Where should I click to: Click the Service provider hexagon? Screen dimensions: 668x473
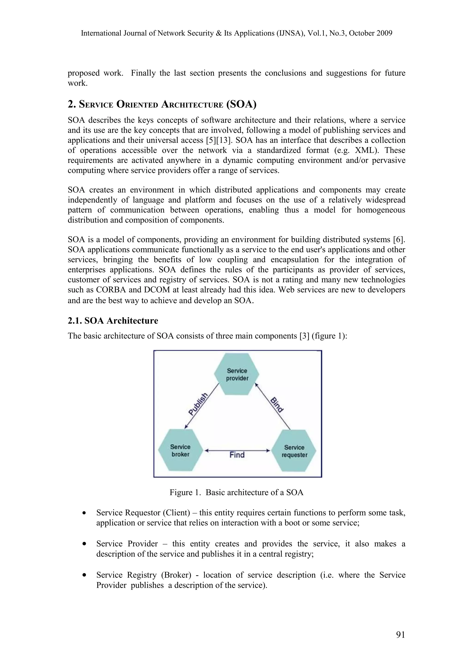pos(237,374)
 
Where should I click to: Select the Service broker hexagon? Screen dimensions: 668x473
pos(180,450)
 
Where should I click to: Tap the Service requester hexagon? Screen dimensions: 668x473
pos(294,451)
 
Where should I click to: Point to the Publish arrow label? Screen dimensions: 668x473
pos(198,404)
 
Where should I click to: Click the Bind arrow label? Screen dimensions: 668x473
pos(277,405)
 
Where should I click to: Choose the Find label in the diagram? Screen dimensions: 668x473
pos(237,455)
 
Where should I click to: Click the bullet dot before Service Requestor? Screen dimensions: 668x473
pos(85,513)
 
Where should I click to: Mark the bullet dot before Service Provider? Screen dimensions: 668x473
pos(85,544)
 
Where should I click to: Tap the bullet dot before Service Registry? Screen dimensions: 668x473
pos(85,575)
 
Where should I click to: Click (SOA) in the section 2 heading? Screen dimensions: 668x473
pos(241,104)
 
